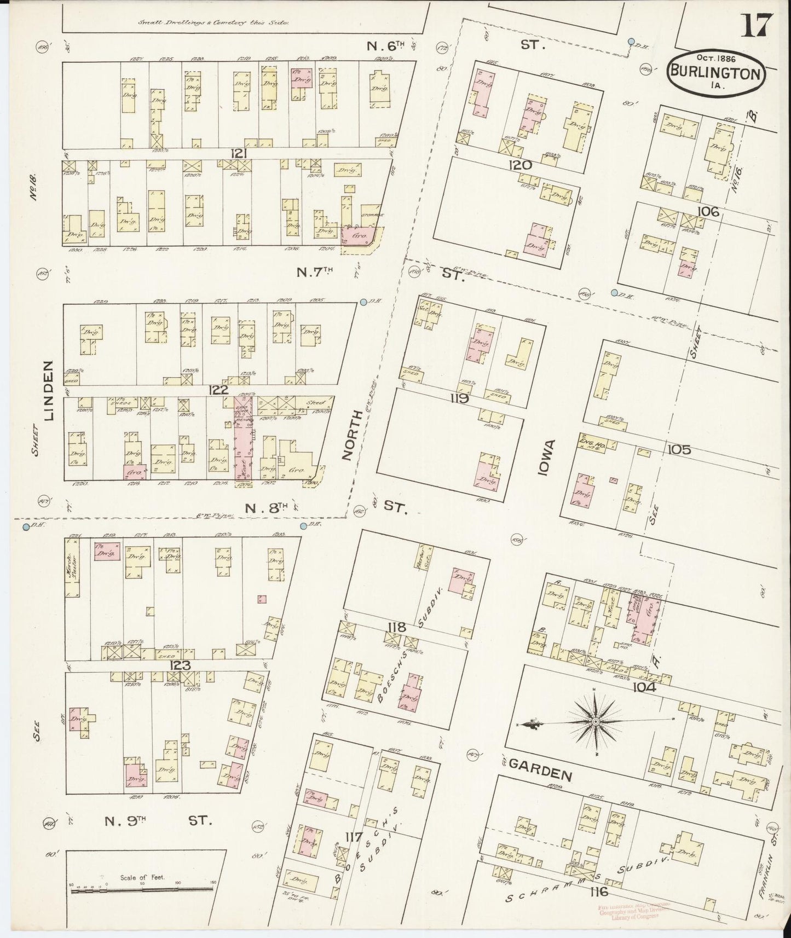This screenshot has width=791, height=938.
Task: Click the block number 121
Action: (238, 154)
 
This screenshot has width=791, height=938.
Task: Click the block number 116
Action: (600, 891)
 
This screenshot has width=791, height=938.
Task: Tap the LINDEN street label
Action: (50, 390)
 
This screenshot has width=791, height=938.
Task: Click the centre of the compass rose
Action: (595, 721)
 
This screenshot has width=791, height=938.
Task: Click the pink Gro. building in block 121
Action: (359, 236)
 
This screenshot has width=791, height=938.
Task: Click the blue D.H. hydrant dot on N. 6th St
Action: (631, 41)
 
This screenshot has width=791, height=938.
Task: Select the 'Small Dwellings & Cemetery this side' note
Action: (213, 23)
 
